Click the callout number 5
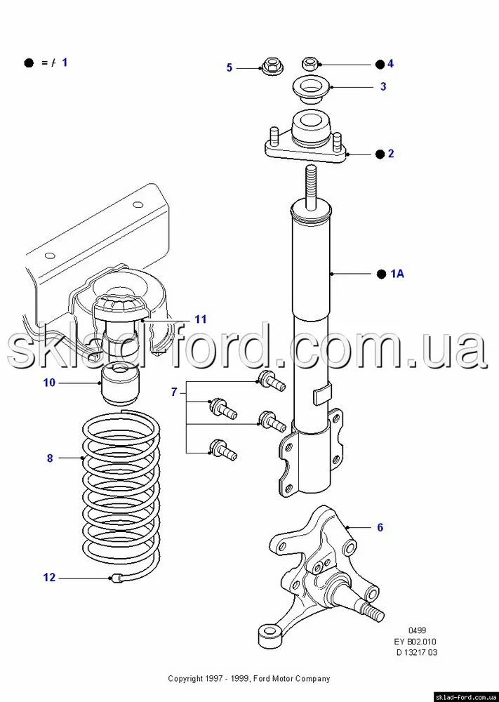coord(229,67)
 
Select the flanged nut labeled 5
coord(271,66)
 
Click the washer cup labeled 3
coord(311,91)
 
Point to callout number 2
coord(391,154)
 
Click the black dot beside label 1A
coord(381,274)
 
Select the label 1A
coord(397,273)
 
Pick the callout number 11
coord(201,319)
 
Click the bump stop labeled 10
coord(121,383)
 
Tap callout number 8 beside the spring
coord(50,458)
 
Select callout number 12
coord(49,578)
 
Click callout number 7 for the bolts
coord(174,392)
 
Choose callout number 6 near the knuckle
coord(380,527)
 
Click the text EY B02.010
coord(415,642)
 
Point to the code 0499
coord(417,630)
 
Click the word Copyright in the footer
coord(185,679)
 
